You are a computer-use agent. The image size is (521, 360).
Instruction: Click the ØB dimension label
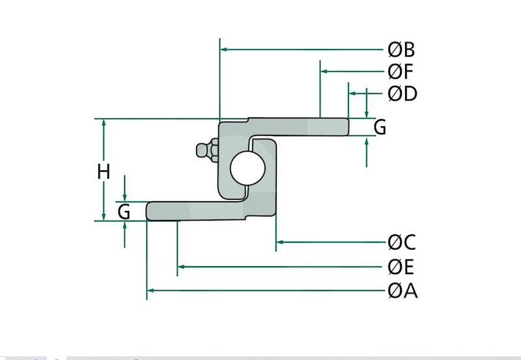point(401,49)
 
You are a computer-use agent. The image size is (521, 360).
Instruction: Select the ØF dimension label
point(401,72)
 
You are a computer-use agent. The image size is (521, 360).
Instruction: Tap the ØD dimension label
point(402,94)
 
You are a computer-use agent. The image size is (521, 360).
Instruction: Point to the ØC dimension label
point(401,243)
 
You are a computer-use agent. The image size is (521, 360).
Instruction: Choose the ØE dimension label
point(401,267)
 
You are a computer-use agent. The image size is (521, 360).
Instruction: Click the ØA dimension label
point(402,290)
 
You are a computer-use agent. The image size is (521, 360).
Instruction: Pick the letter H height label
point(104,172)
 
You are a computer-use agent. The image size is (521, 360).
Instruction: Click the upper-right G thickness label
point(380,127)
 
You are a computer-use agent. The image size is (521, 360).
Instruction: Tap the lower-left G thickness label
point(124,212)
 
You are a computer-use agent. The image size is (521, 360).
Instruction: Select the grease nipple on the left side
point(206,151)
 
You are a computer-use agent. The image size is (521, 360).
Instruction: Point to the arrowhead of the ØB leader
point(224,49)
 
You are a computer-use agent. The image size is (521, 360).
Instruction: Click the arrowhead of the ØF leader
point(324,71)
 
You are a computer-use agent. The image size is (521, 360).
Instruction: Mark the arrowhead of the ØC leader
point(280,242)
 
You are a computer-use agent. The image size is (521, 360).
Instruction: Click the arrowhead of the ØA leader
point(151,290)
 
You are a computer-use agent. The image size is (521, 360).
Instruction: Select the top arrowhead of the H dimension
point(104,123)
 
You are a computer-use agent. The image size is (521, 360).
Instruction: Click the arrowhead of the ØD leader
point(352,94)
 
